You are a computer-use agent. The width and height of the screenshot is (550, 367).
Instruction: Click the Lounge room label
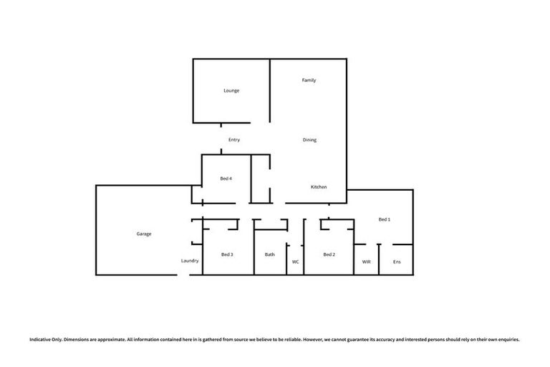point(231,91)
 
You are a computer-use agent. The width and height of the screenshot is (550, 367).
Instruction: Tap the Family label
point(309,80)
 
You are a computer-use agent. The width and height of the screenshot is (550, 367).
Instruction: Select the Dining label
point(309,140)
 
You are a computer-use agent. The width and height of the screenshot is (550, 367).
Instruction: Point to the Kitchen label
point(319,187)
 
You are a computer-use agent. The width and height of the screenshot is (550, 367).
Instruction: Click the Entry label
point(234,140)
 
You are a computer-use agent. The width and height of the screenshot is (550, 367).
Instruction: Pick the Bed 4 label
point(226,178)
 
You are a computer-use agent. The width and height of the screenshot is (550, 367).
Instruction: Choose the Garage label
point(144,234)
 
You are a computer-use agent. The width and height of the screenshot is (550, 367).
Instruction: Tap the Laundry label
point(190,261)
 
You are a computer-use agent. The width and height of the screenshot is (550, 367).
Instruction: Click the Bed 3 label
point(228,254)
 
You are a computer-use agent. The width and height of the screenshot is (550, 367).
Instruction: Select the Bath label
point(270,254)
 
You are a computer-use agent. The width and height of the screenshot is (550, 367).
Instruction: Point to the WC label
point(295,262)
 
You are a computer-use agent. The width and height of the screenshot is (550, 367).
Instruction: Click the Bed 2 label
point(329,254)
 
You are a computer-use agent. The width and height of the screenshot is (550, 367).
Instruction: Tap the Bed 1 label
point(385,219)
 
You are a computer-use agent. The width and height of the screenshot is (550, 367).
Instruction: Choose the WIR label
point(366,262)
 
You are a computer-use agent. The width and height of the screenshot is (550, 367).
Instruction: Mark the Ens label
point(397,262)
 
